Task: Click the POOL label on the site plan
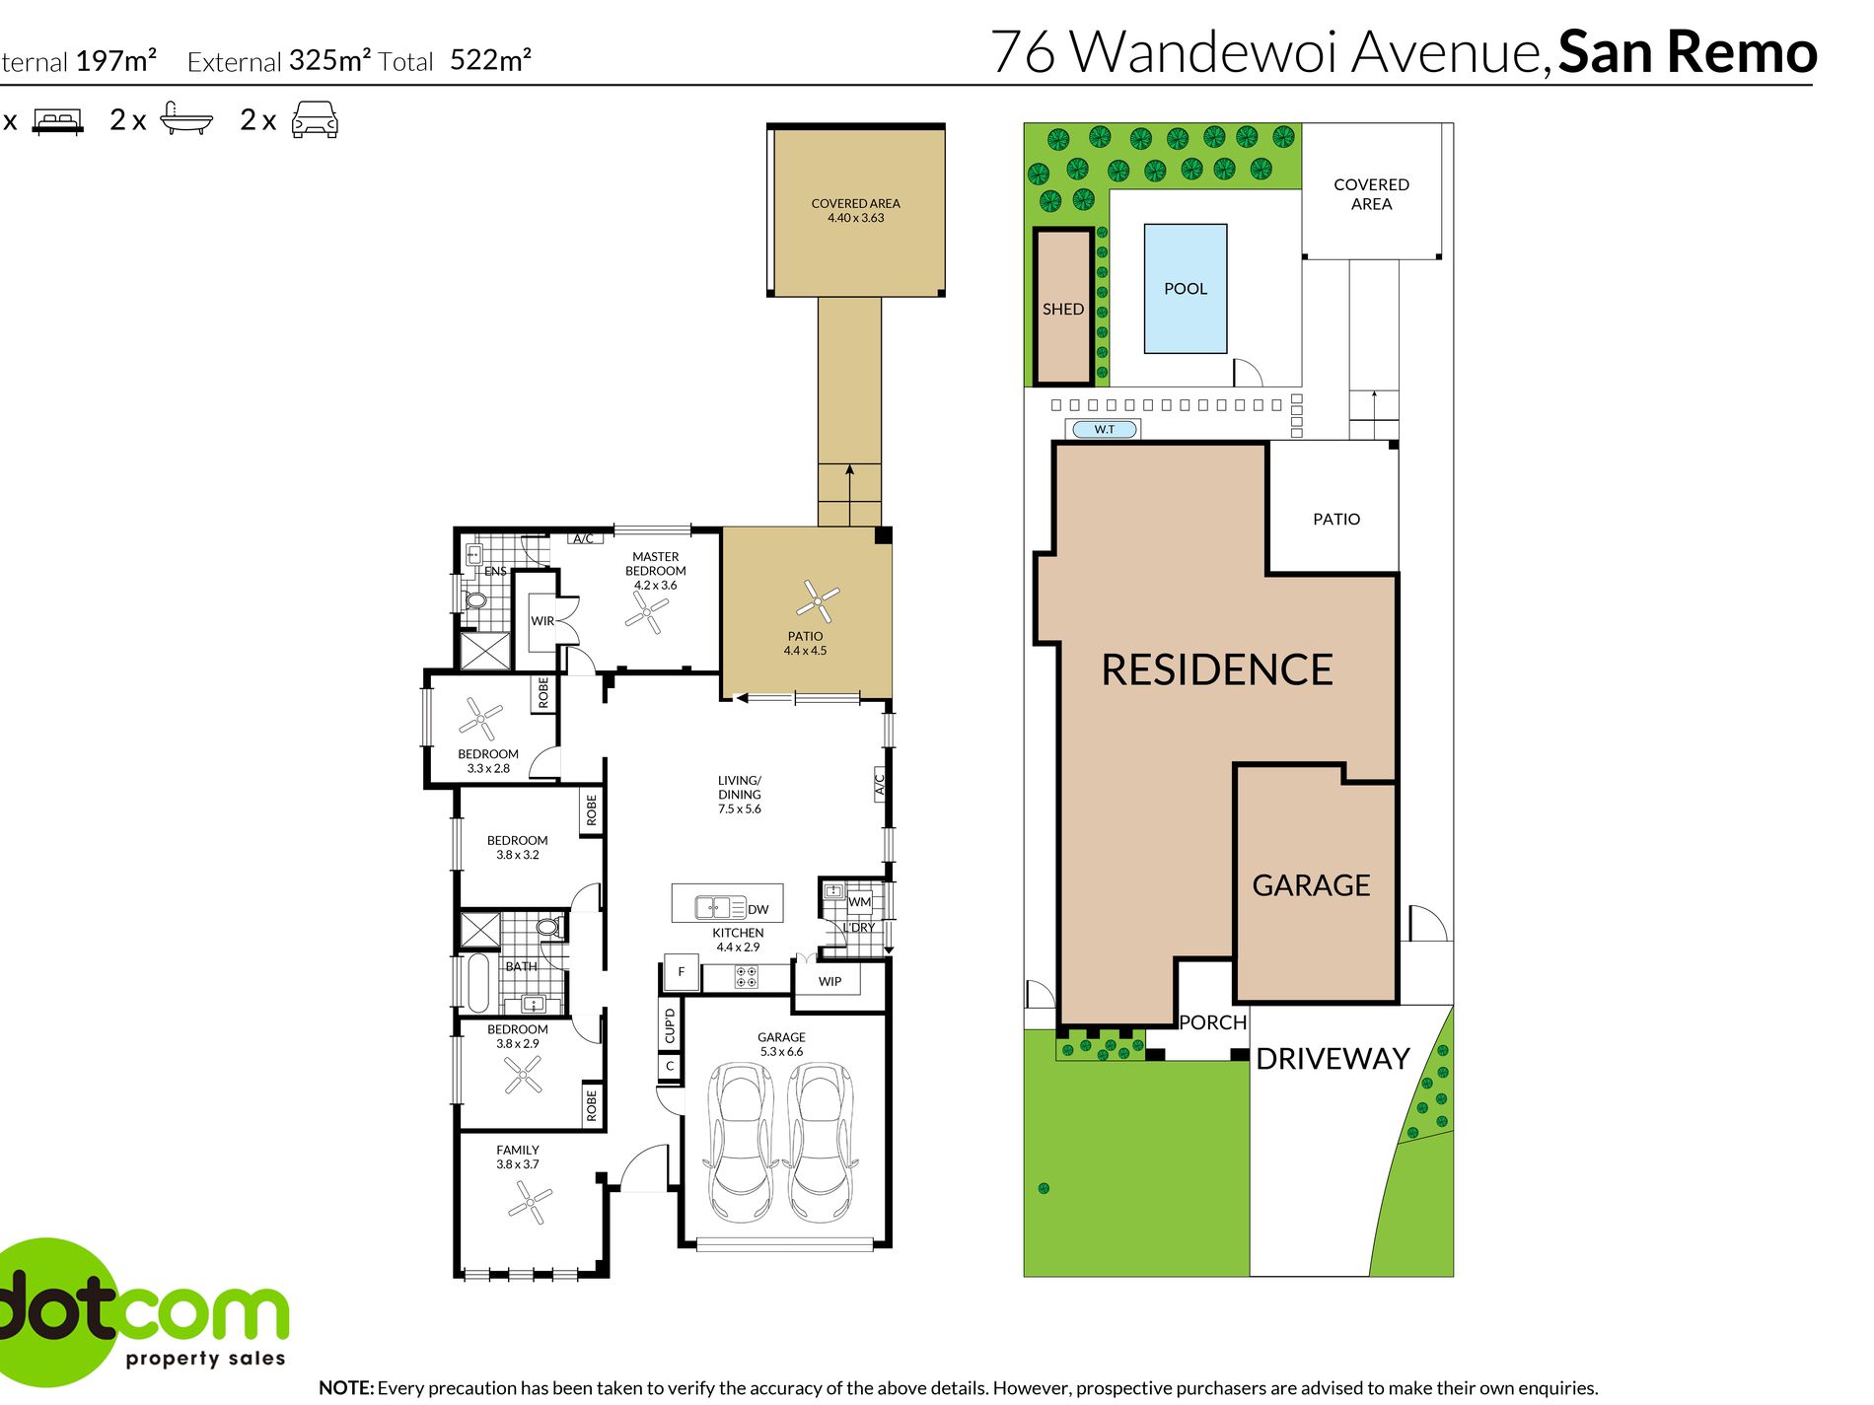point(1185,289)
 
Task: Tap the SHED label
point(1062,309)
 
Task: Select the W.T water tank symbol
point(1105,429)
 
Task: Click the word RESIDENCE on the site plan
point(1216,670)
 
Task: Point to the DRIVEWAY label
point(1333,1059)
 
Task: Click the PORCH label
point(1212,1022)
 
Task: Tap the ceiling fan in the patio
point(818,599)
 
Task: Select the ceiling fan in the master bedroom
point(647,612)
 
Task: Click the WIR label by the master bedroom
point(542,621)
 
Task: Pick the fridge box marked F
point(681,972)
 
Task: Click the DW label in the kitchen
point(757,909)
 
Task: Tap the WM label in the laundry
point(859,901)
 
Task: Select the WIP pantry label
point(829,981)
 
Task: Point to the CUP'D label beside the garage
point(670,1025)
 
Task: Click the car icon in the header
point(315,120)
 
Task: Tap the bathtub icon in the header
point(185,119)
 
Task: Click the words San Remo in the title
point(1687,52)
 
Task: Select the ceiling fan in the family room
point(530,1203)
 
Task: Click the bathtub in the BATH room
point(478,983)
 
